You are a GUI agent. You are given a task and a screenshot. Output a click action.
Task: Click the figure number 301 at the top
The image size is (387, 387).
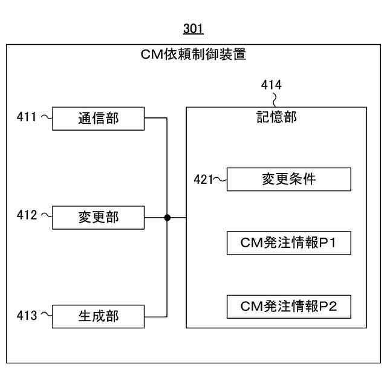pos(193,28)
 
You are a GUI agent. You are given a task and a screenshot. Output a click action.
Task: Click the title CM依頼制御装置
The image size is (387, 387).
pos(193,55)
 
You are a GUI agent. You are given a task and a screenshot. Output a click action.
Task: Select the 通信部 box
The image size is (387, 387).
pos(99,118)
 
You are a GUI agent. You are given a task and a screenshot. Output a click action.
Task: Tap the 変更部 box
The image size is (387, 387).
pos(99,217)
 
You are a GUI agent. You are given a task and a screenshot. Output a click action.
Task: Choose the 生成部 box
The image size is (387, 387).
pos(99,316)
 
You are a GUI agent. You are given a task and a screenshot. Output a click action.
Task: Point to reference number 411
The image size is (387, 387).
pos(27,117)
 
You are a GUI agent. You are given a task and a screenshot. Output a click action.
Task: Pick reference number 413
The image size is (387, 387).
pos(27,315)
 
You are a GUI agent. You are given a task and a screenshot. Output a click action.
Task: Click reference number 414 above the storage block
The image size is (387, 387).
pos(271,85)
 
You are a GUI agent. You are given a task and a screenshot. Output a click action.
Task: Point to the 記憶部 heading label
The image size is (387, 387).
pos(276,117)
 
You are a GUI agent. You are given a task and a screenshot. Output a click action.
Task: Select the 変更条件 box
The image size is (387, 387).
pos(288,179)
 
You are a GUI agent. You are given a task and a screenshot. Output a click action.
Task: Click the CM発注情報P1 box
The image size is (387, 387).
pos(288,243)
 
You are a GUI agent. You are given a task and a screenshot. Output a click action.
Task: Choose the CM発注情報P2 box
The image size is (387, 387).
pos(288,307)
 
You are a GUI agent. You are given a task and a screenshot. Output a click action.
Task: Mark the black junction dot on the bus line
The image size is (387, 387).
pos(167,217)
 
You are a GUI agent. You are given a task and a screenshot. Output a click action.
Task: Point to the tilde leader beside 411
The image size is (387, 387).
pos(46,117)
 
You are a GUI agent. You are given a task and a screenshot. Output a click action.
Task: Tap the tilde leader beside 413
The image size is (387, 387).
pos(46,314)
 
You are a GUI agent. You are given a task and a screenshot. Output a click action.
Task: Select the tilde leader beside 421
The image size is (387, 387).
pos(220,179)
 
